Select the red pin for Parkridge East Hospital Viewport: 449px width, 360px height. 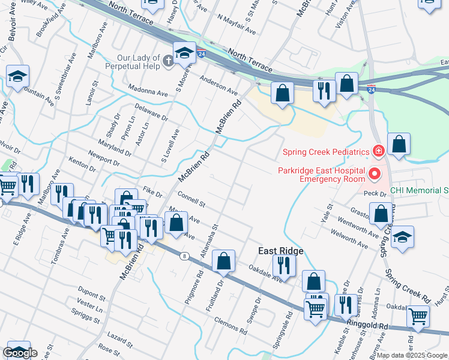375,175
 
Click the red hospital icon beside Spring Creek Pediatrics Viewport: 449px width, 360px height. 378,151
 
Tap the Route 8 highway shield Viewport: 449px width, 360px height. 184,256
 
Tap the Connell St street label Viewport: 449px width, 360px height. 191,200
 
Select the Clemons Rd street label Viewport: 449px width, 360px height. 231,325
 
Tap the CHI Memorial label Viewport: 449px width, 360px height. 419,191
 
